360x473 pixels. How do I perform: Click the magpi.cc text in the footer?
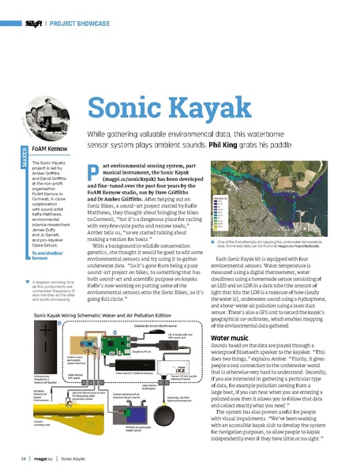(43, 457)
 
